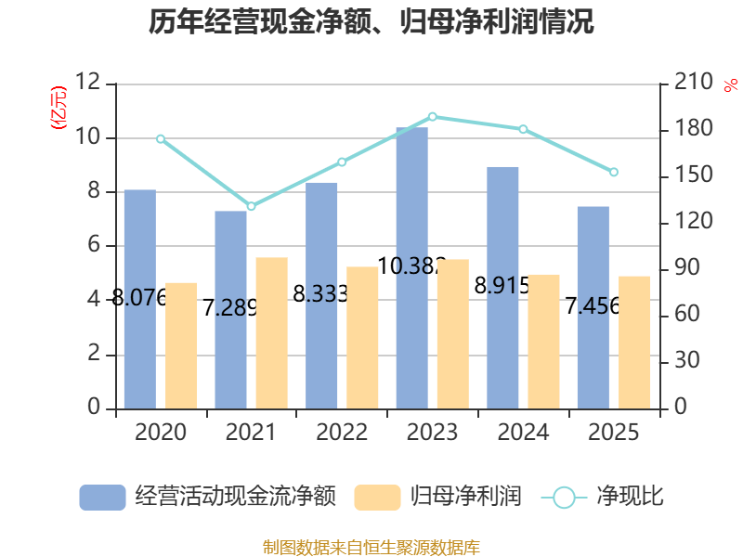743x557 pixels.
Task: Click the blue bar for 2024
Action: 503,287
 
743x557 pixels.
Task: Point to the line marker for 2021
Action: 251,206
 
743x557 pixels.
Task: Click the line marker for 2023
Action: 433,117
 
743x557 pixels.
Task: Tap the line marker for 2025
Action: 614,172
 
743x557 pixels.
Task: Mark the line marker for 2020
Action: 161,139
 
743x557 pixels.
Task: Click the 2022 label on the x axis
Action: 342,433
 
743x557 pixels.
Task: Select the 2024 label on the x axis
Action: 524,433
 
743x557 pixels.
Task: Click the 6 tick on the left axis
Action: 93,246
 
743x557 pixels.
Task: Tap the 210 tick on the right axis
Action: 693,84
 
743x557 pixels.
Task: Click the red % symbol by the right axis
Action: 729,85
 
